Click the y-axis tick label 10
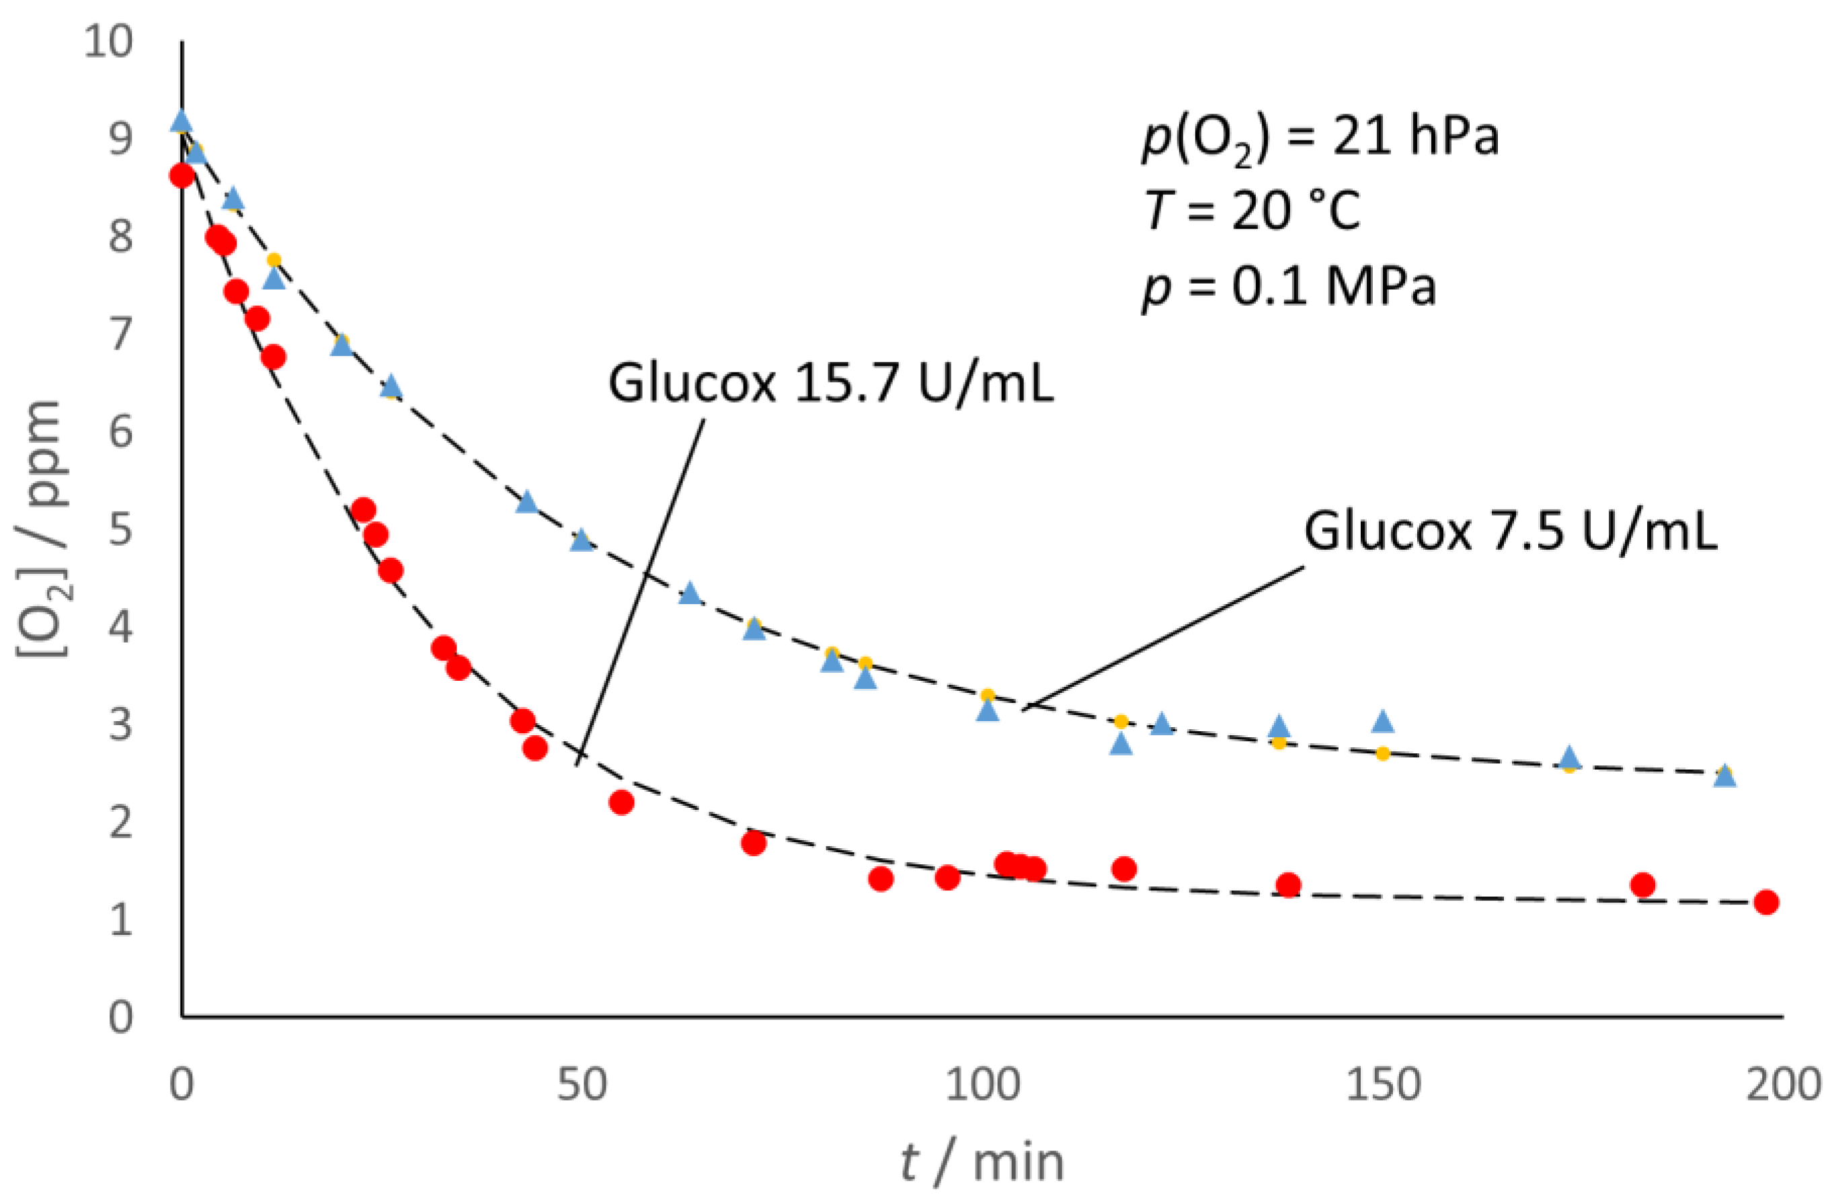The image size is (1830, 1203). [108, 41]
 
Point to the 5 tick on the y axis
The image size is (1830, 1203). [121, 530]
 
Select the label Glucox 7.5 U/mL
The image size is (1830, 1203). [1510, 530]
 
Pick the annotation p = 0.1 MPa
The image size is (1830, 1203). [1289, 286]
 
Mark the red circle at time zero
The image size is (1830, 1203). [182, 176]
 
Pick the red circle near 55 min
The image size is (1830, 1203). [621, 802]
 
